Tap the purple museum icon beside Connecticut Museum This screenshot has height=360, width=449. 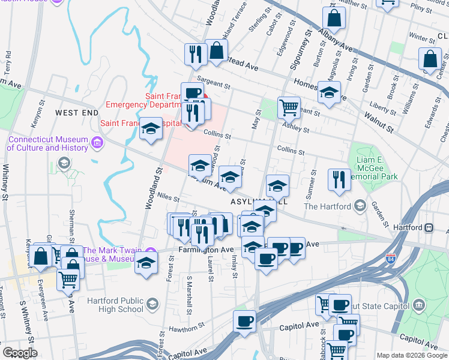[x=98, y=143]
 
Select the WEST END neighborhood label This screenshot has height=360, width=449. [x=76, y=112]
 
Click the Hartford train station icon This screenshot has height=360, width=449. [x=430, y=228]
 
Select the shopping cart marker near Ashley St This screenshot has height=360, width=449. [x=289, y=107]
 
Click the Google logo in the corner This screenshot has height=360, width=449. [x=20, y=353]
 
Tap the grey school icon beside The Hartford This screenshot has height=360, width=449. [x=360, y=206]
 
